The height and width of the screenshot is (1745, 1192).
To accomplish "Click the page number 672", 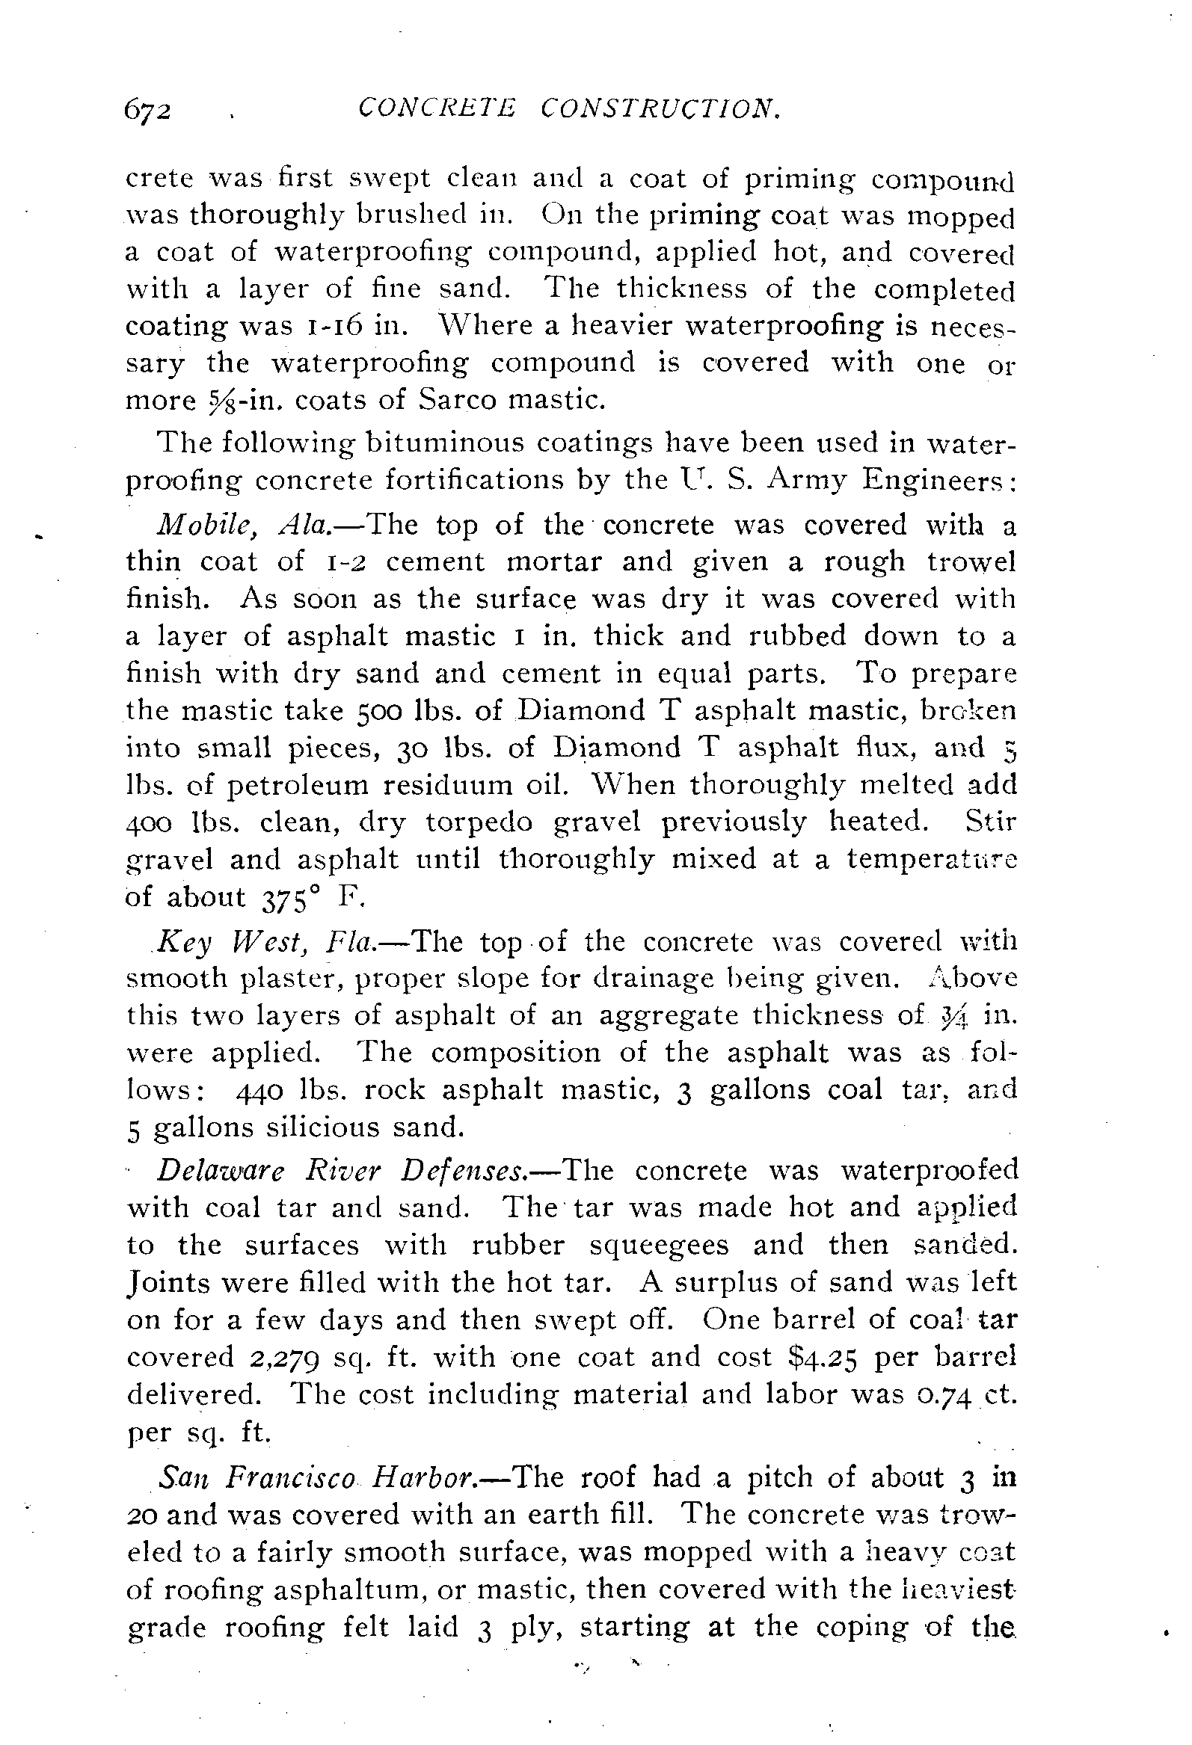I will [x=148, y=111].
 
